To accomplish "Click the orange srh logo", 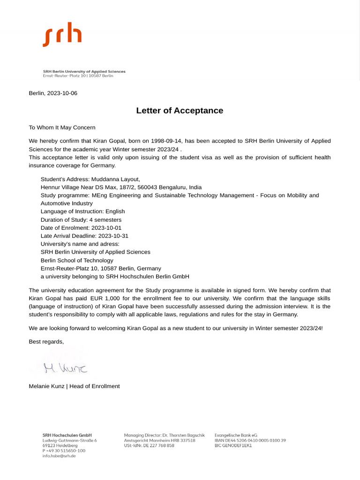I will click(62, 34).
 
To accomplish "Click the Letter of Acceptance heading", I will click(180, 111).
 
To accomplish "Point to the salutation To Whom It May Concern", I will click(62, 127).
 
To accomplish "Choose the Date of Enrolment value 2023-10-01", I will click(106, 228).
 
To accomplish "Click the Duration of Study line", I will click(81, 219).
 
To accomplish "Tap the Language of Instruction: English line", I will click(82, 211).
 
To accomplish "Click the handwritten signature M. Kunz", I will click(65, 368).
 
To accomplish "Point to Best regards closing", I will click(46, 342).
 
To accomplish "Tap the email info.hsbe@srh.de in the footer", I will click(59, 456).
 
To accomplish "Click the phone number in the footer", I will click(64, 450).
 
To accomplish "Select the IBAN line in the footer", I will click(250, 441).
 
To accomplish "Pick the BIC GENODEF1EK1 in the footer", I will click(233, 446).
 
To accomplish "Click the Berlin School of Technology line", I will click(77, 260).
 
